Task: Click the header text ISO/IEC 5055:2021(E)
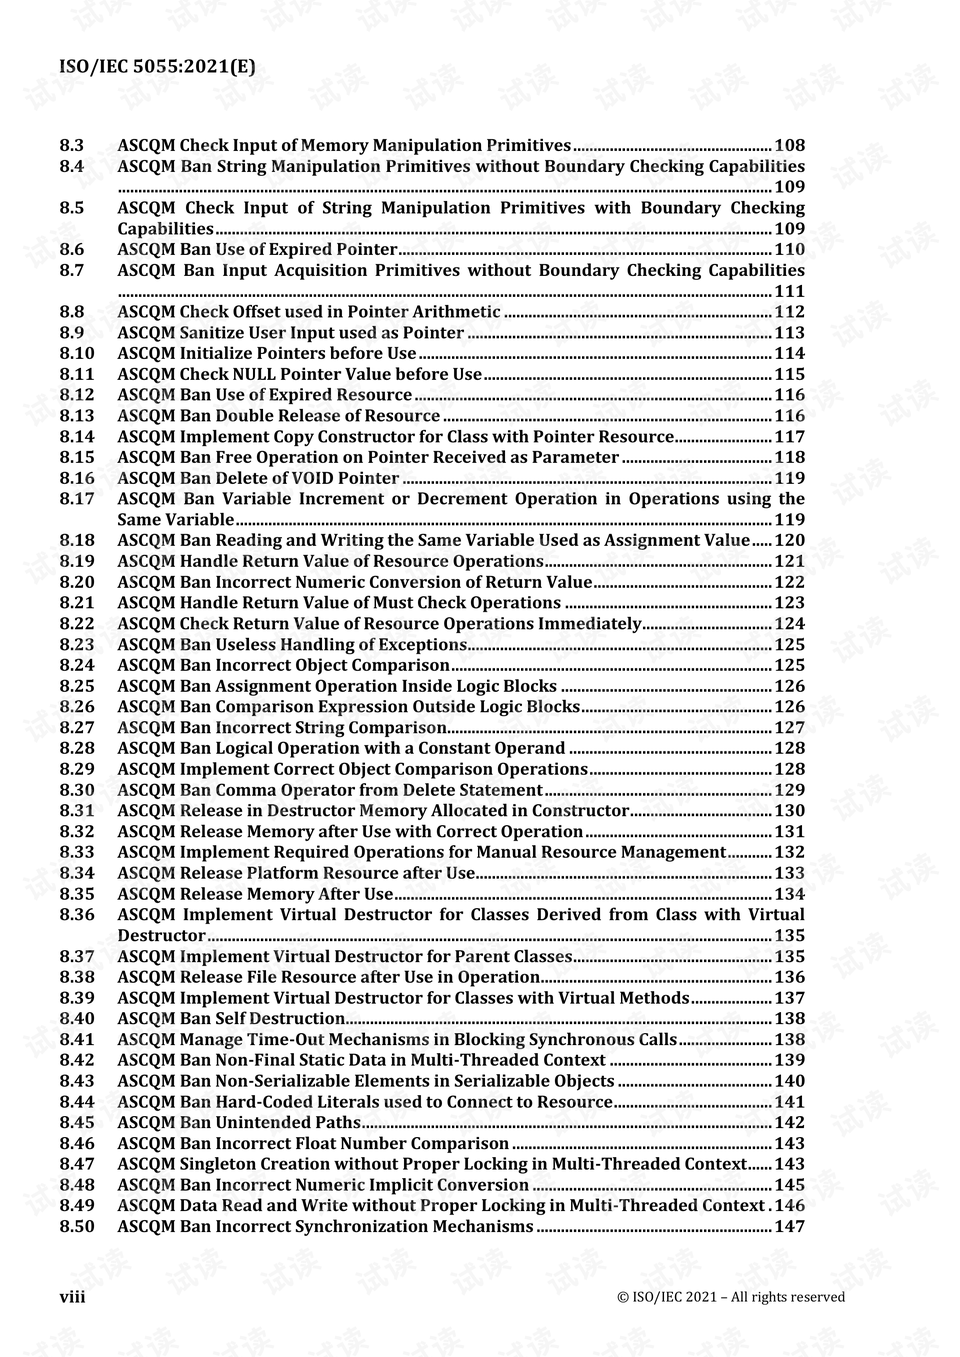157,67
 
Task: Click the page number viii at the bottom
72,1296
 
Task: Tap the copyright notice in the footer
731,1297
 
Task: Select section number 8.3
71,146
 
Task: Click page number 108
789,146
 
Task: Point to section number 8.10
76,354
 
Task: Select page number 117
789,437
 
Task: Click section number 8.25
76,686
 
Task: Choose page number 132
789,853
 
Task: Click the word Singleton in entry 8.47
217,1164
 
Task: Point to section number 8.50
76,1227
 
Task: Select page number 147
789,1227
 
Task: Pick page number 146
789,1206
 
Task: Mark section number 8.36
76,915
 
